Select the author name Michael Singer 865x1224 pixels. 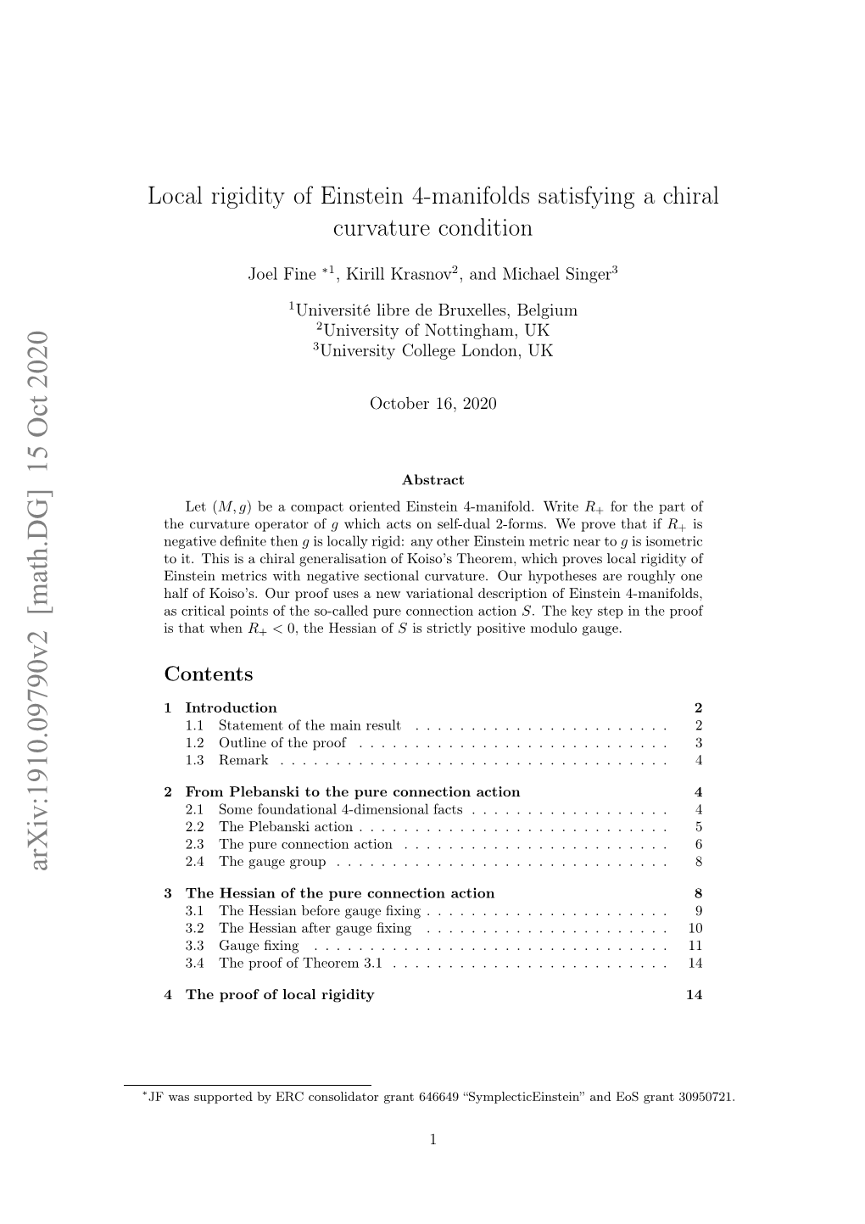click(556, 274)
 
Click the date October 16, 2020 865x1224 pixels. click(432, 404)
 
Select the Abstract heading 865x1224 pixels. click(432, 480)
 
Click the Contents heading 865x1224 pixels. click(209, 674)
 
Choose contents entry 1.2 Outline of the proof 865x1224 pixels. click(282, 743)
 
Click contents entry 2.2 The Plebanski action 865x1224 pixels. click(286, 826)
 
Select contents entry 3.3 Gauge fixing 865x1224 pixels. click(259, 945)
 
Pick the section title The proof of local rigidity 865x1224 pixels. click(280, 994)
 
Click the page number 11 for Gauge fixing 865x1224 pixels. click(695, 945)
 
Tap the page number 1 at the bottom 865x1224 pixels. click(432, 1140)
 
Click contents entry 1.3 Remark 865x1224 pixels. click(243, 760)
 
